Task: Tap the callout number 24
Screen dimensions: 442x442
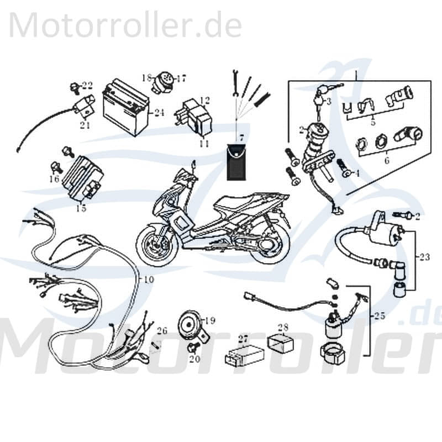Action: coord(159,113)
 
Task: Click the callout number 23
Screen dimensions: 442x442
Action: coord(424,256)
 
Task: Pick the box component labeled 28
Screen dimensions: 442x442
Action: coord(279,343)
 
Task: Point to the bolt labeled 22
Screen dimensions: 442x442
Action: coord(74,87)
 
